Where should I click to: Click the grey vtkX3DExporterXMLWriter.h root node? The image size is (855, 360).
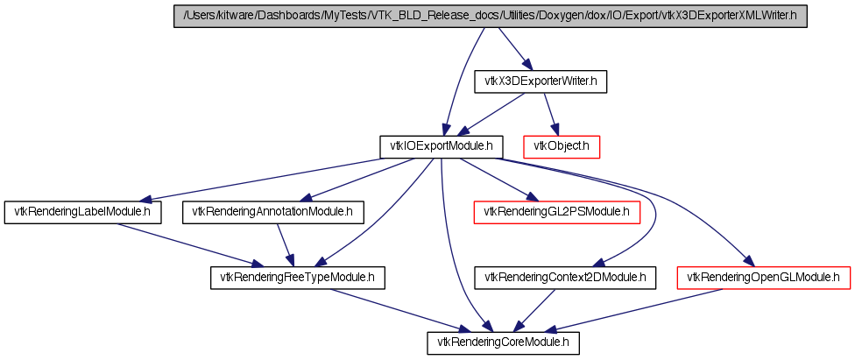491,17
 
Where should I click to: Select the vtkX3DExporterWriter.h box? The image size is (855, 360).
541,81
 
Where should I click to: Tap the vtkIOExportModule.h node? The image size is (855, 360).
442,147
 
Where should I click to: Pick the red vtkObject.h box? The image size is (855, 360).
562,147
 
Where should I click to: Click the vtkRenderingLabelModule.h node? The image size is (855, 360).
83,212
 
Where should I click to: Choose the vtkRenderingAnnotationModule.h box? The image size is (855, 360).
273,212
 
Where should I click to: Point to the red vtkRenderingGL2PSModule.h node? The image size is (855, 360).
557,212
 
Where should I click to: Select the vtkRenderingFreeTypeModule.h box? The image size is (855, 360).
298,278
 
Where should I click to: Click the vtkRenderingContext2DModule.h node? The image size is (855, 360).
565,278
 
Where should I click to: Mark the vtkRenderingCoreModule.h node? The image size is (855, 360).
503,343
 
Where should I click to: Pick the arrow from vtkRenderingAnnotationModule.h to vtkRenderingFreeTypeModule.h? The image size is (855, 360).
286,245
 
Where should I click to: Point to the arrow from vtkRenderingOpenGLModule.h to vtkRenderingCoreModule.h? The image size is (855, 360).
633,310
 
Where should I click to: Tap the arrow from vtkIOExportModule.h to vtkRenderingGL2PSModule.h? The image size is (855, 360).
496,180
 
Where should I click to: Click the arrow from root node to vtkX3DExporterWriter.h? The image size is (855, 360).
513,49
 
